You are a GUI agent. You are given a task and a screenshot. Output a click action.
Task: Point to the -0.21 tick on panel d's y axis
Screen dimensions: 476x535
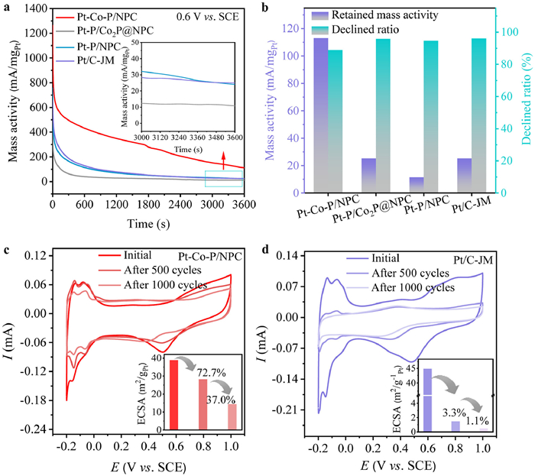coord(300,410)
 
